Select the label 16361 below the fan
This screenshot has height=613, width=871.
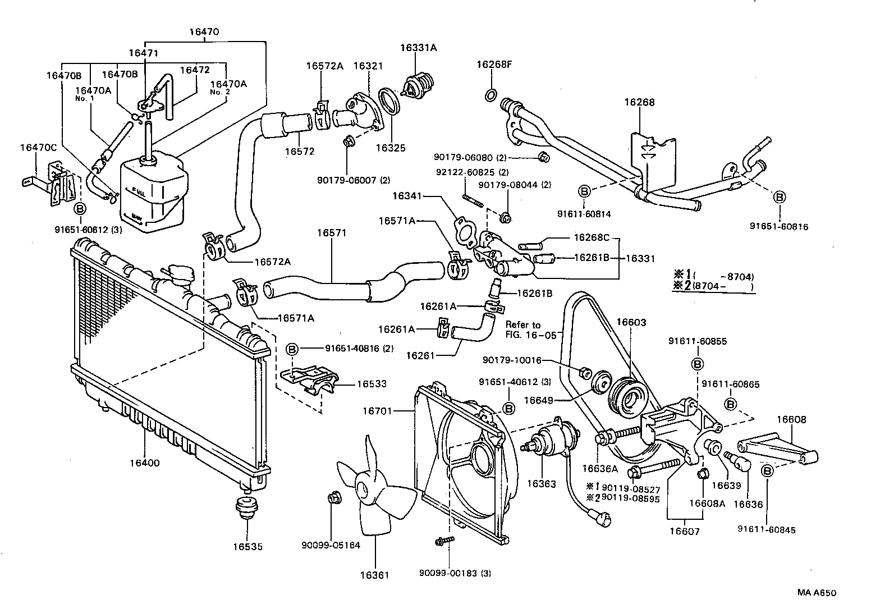pos(374,575)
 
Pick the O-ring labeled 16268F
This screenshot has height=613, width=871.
pos(489,94)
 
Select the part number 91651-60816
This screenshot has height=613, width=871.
pos(780,226)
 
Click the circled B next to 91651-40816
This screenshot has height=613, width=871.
pos(292,349)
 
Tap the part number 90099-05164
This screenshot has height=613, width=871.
pos(331,545)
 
